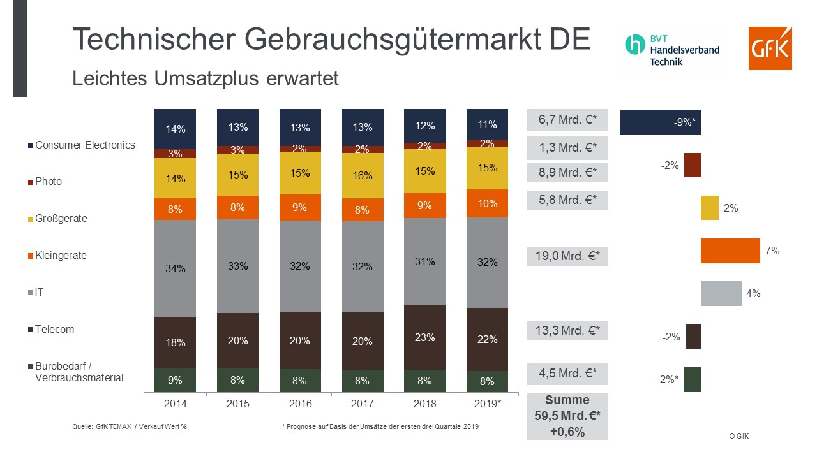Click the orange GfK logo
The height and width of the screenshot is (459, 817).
point(770,48)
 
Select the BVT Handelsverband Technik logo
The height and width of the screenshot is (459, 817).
point(672,49)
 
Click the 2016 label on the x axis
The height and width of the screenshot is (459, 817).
point(300,404)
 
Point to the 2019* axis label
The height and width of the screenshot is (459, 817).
point(488,404)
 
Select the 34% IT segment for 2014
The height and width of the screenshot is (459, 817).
point(175,268)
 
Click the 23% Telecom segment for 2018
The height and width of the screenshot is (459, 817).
point(425,337)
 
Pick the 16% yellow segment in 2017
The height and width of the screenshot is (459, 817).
point(363,175)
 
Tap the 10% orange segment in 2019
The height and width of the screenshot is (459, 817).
point(488,203)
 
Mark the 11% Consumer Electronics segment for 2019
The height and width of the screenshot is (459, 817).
point(488,124)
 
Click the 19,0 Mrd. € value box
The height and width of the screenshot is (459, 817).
point(567,256)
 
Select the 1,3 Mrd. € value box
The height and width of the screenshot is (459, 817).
point(567,148)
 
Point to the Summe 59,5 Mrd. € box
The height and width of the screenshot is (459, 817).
point(567,416)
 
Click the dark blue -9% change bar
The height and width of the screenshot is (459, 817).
point(660,122)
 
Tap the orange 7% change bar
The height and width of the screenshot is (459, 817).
point(730,251)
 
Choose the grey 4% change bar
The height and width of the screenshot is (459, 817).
point(721,294)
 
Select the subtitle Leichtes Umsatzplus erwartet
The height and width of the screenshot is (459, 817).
point(205,78)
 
